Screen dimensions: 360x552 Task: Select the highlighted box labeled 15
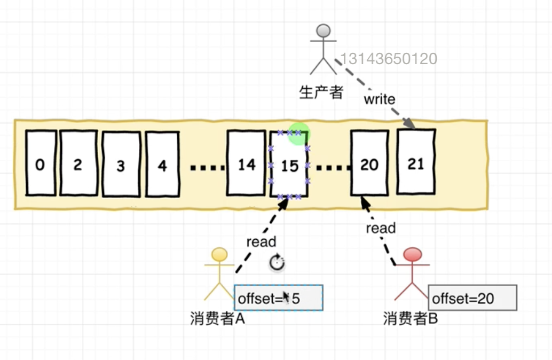(x=289, y=166)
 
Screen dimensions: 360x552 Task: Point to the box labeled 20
(x=369, y=163)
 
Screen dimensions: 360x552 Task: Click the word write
(x=380, y=99)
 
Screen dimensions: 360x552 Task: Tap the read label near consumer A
(x=261, y=241)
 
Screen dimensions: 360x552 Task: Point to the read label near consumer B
(x=381, y=228)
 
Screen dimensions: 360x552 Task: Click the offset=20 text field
(x=472, y=298)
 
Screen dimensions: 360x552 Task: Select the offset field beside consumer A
(x=278, y=298)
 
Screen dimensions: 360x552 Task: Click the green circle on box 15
(x=298, y=134)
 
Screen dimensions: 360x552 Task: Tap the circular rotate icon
(x=277, y=262)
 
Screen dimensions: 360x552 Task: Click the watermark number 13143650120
(x=388, y=59)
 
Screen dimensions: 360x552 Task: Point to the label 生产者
(x=321, y=92)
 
